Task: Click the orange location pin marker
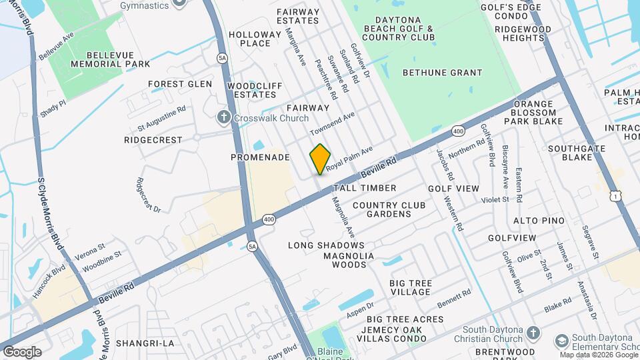point(320,159)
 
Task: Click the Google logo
point(22,351)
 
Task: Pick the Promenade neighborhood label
point(260,157)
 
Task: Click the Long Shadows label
point(326,245)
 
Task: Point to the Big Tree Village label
point(411,288)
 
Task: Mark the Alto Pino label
point(539,221)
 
